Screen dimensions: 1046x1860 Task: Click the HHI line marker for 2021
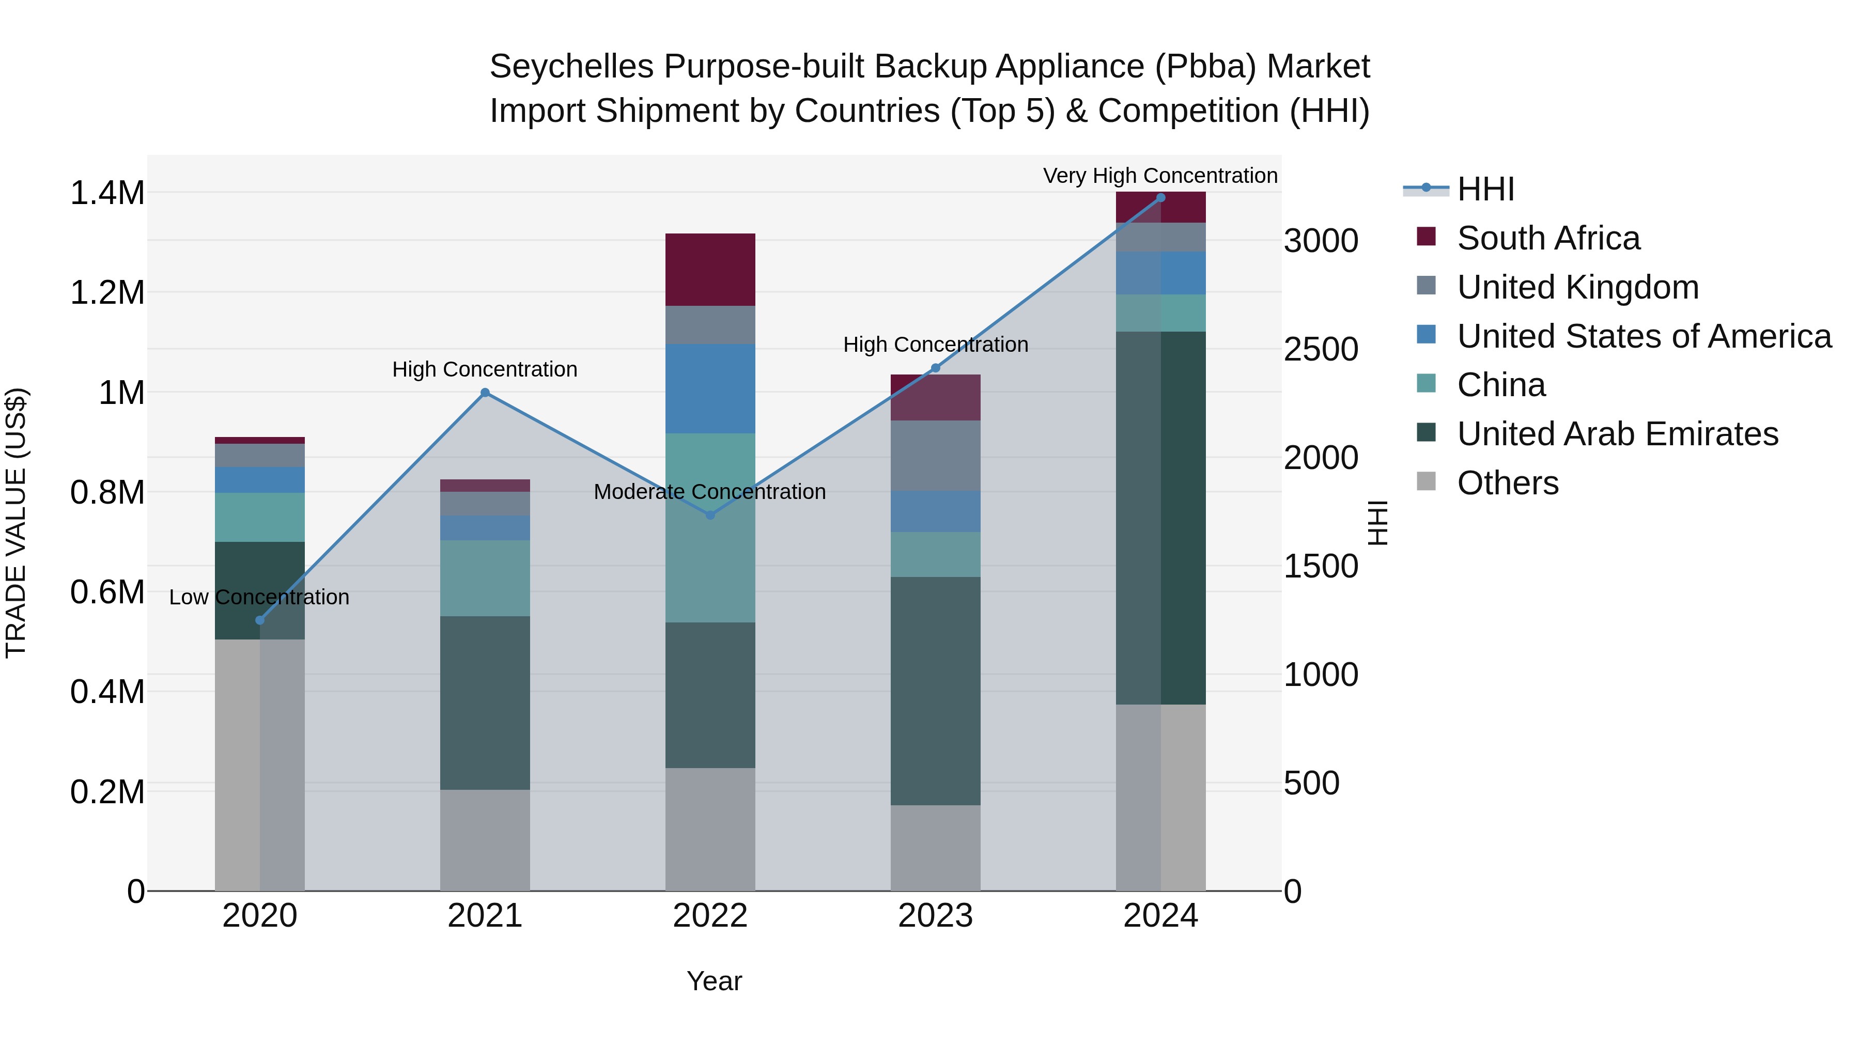coord(485,393)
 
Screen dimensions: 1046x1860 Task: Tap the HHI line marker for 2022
coord(710,514)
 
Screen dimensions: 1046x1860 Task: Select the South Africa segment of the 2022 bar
coord(710,269)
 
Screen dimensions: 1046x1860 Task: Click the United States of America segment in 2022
coord(710,388)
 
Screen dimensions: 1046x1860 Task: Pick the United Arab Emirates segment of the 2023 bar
coord(935,690)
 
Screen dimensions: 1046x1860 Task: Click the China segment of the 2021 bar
coord(485,577)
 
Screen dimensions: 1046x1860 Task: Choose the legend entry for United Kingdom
coord(1578,287)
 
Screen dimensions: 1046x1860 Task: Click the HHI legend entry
coord(1485,189)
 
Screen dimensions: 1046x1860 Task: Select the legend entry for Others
coord(1508,483)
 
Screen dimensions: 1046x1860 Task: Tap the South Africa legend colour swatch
coord(1426,237)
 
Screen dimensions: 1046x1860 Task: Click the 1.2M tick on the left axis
coord(107,293)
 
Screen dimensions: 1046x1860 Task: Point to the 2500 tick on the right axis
coord(1321,349)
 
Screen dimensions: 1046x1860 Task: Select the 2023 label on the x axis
coord(935,916)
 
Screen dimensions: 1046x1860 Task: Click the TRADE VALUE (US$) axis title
coord(16,523)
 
